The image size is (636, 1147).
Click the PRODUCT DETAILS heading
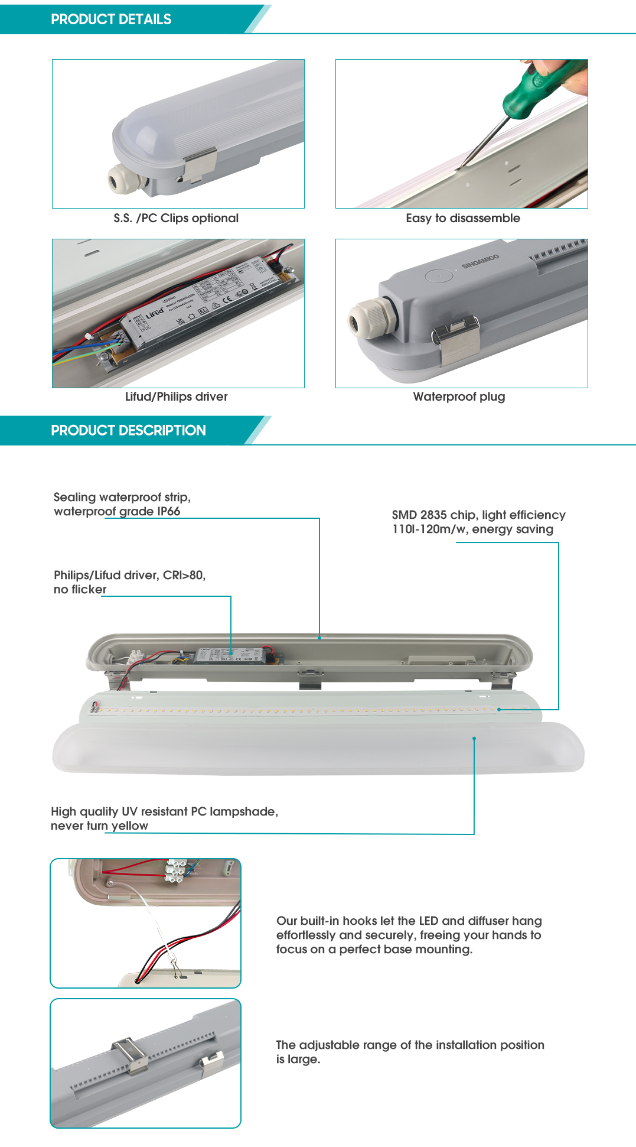coord(111,20)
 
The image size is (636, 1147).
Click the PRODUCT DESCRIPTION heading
coord(128,430)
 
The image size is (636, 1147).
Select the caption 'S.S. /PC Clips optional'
coord(176,218)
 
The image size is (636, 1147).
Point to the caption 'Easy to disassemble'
coord(463,218)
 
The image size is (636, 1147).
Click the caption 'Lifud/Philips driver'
coord(176,397)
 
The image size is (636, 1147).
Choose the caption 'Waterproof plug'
coord(459,397)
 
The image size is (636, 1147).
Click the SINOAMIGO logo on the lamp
coord(480,261)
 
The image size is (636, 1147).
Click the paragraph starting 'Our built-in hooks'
coord(409,935)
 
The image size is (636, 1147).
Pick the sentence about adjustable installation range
coord(410,1052)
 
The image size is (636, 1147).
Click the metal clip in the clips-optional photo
coord(200,164)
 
